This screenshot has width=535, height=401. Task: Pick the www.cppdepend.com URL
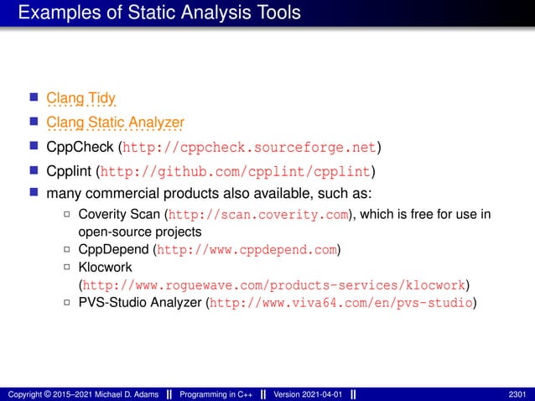coord(247,249)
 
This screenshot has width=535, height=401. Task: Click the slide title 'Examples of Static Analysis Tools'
coord(158,13)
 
